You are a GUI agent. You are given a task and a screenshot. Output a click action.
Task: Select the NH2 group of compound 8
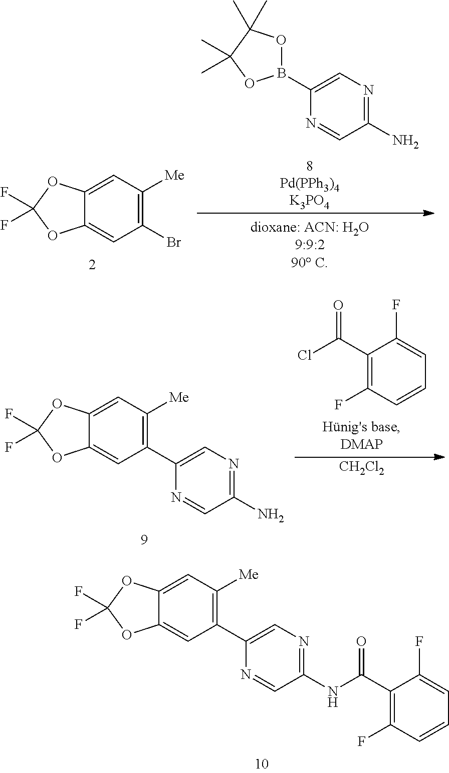pyautogui.click(x=405, y=142)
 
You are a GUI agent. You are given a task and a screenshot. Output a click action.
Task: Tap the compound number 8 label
pyautogui.click(x=309, y=166)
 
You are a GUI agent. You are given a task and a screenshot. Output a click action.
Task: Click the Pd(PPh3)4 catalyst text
pyautogui.click(x=309, y=185)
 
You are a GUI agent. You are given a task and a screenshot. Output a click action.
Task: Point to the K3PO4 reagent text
pyautogui.click(x=309, y=202)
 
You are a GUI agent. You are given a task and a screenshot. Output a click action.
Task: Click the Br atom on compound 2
pyautogui.click(x=173, y=242)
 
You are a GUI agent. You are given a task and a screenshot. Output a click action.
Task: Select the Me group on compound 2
pyautogui.click(x=174, y=175)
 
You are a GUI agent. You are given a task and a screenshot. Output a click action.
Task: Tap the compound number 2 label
pyautogui.click(x=92, y=265)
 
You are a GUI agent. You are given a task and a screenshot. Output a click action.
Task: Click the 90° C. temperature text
pyautogui.click(x=309, y=263)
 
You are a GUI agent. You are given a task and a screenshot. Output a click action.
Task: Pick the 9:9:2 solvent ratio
pyautogui.click(x=309, y=245)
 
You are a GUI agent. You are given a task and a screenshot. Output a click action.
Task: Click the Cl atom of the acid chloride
pyautogui.click(x=305, y=355)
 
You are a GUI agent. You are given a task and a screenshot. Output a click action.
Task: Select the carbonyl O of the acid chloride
pyautogui.click(x=338, y=305)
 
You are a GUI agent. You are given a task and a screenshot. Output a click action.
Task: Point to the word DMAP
pyautogui.click(x=361, y=444)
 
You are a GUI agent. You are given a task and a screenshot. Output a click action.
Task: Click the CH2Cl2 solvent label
pyautogui.click(x=361, y=468)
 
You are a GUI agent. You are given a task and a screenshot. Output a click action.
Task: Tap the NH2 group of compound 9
pyautogui.click(x=271, y=515)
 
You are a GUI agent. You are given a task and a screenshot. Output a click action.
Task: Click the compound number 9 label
pyautogui.click(x=144, y=539)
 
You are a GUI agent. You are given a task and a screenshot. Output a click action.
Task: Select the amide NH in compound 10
pyautogui.click(x=332, y=696)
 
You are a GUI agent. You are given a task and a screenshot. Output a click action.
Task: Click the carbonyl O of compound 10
pyautogui.click(x=361, y=642)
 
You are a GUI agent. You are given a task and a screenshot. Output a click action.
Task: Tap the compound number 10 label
pyautogui.click(x=262, y=763)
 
